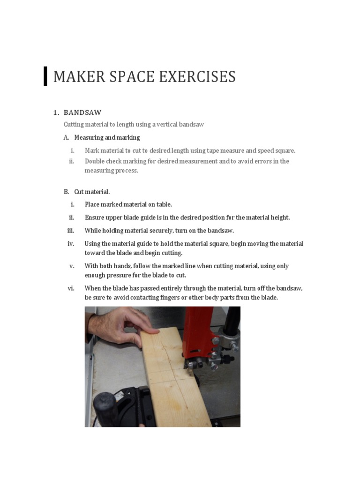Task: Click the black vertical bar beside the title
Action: [x=45, y=76]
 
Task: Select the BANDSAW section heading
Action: [x=82, y=112]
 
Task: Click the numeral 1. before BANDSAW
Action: [x=56, y=112]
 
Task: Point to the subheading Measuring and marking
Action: [x=107, y=138]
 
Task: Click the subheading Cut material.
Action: [x=92, y=192]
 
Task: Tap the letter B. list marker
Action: [x=66, y=192]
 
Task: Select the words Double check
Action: [x=103, y=161]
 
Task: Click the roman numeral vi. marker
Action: [x=71, y=288]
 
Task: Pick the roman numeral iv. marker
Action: [x=71, y=244]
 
